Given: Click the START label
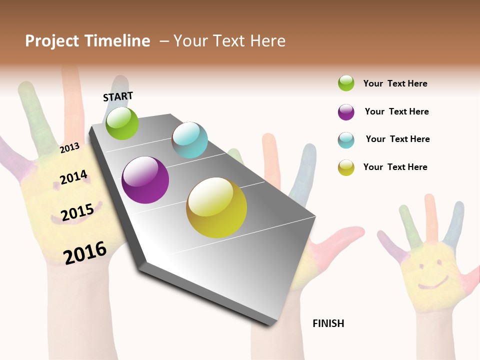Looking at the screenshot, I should pos(118,96).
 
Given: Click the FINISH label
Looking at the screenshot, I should pos(328,323).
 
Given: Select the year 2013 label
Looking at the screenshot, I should pos(70,147).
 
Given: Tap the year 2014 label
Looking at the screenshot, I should pos(73,177).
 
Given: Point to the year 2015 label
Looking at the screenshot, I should pos(77,212).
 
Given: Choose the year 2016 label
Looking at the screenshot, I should pos(85,252).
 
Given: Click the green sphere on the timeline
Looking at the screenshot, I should pos(122,123).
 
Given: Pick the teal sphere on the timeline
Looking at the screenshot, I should pos(189,139).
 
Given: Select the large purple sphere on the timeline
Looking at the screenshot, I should pos(145,180).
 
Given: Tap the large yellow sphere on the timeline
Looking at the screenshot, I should pos(216,207).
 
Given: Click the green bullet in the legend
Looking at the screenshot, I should pos(346,83).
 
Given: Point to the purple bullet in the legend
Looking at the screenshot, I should pos(346,112).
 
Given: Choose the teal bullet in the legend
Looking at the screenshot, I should pos(346,140).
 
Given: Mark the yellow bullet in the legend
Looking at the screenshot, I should pos(346,167).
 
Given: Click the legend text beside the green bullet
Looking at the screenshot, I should pos(395,83).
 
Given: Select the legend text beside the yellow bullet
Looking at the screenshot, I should pos(395,167).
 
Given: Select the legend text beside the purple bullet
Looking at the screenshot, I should pos(396,111).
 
